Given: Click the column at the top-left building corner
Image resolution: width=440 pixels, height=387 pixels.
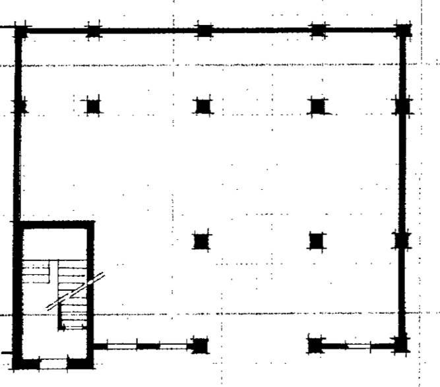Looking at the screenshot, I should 20,30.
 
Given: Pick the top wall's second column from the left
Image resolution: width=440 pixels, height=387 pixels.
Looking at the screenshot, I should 94,30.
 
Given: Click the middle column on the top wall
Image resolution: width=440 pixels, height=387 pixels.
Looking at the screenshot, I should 204,30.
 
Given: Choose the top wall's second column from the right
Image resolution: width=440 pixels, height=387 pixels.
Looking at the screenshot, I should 319,30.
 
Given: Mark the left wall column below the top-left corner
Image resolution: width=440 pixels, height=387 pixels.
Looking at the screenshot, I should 20,105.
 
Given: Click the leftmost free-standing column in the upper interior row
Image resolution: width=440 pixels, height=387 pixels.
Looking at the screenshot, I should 93,105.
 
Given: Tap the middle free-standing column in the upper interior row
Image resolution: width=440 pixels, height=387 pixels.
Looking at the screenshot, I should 202,105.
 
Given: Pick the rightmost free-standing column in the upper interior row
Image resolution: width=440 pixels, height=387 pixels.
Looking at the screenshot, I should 318,105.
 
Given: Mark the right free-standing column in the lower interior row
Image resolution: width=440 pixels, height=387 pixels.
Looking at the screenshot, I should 317,241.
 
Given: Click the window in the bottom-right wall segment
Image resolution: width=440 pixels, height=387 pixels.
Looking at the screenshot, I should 356,345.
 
